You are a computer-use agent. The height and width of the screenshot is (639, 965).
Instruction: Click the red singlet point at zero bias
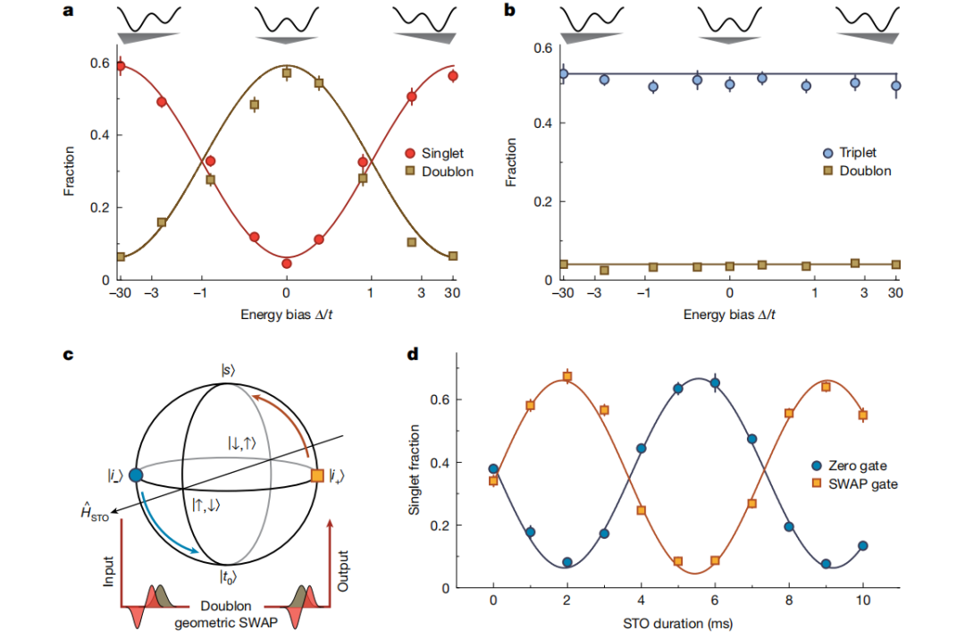click(286, 264)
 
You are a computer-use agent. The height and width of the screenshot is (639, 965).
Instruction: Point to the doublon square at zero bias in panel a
click(286, 73)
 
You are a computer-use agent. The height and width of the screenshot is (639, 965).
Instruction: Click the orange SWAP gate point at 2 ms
click(566, 376)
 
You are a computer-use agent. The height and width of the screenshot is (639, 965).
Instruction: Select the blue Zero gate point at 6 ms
click(715, 383)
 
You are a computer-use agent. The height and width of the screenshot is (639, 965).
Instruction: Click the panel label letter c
click(68, 355)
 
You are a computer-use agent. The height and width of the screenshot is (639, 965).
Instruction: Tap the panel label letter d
click(413, 355)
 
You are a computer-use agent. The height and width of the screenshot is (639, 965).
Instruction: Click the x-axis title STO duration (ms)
click(676, 624)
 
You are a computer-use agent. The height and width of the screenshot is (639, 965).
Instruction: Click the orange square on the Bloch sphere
click(317, 476)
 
